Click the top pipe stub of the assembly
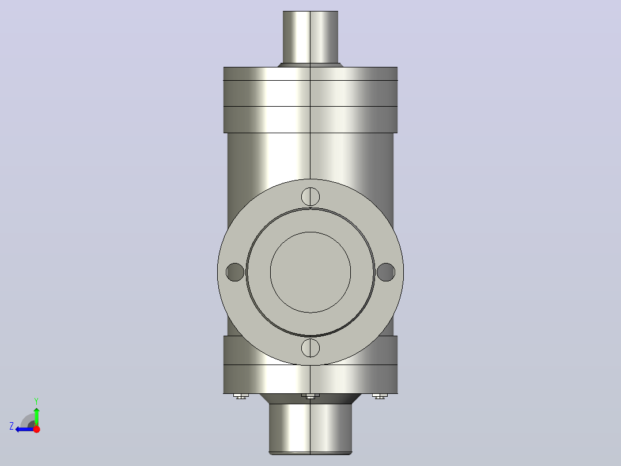[310, 37]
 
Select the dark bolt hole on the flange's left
[235, 272]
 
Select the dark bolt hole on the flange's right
[386, 272]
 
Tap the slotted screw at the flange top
[310, 197]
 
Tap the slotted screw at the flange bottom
[310, 348]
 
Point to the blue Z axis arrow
[25, 429]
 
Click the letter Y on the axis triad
[36, 401]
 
